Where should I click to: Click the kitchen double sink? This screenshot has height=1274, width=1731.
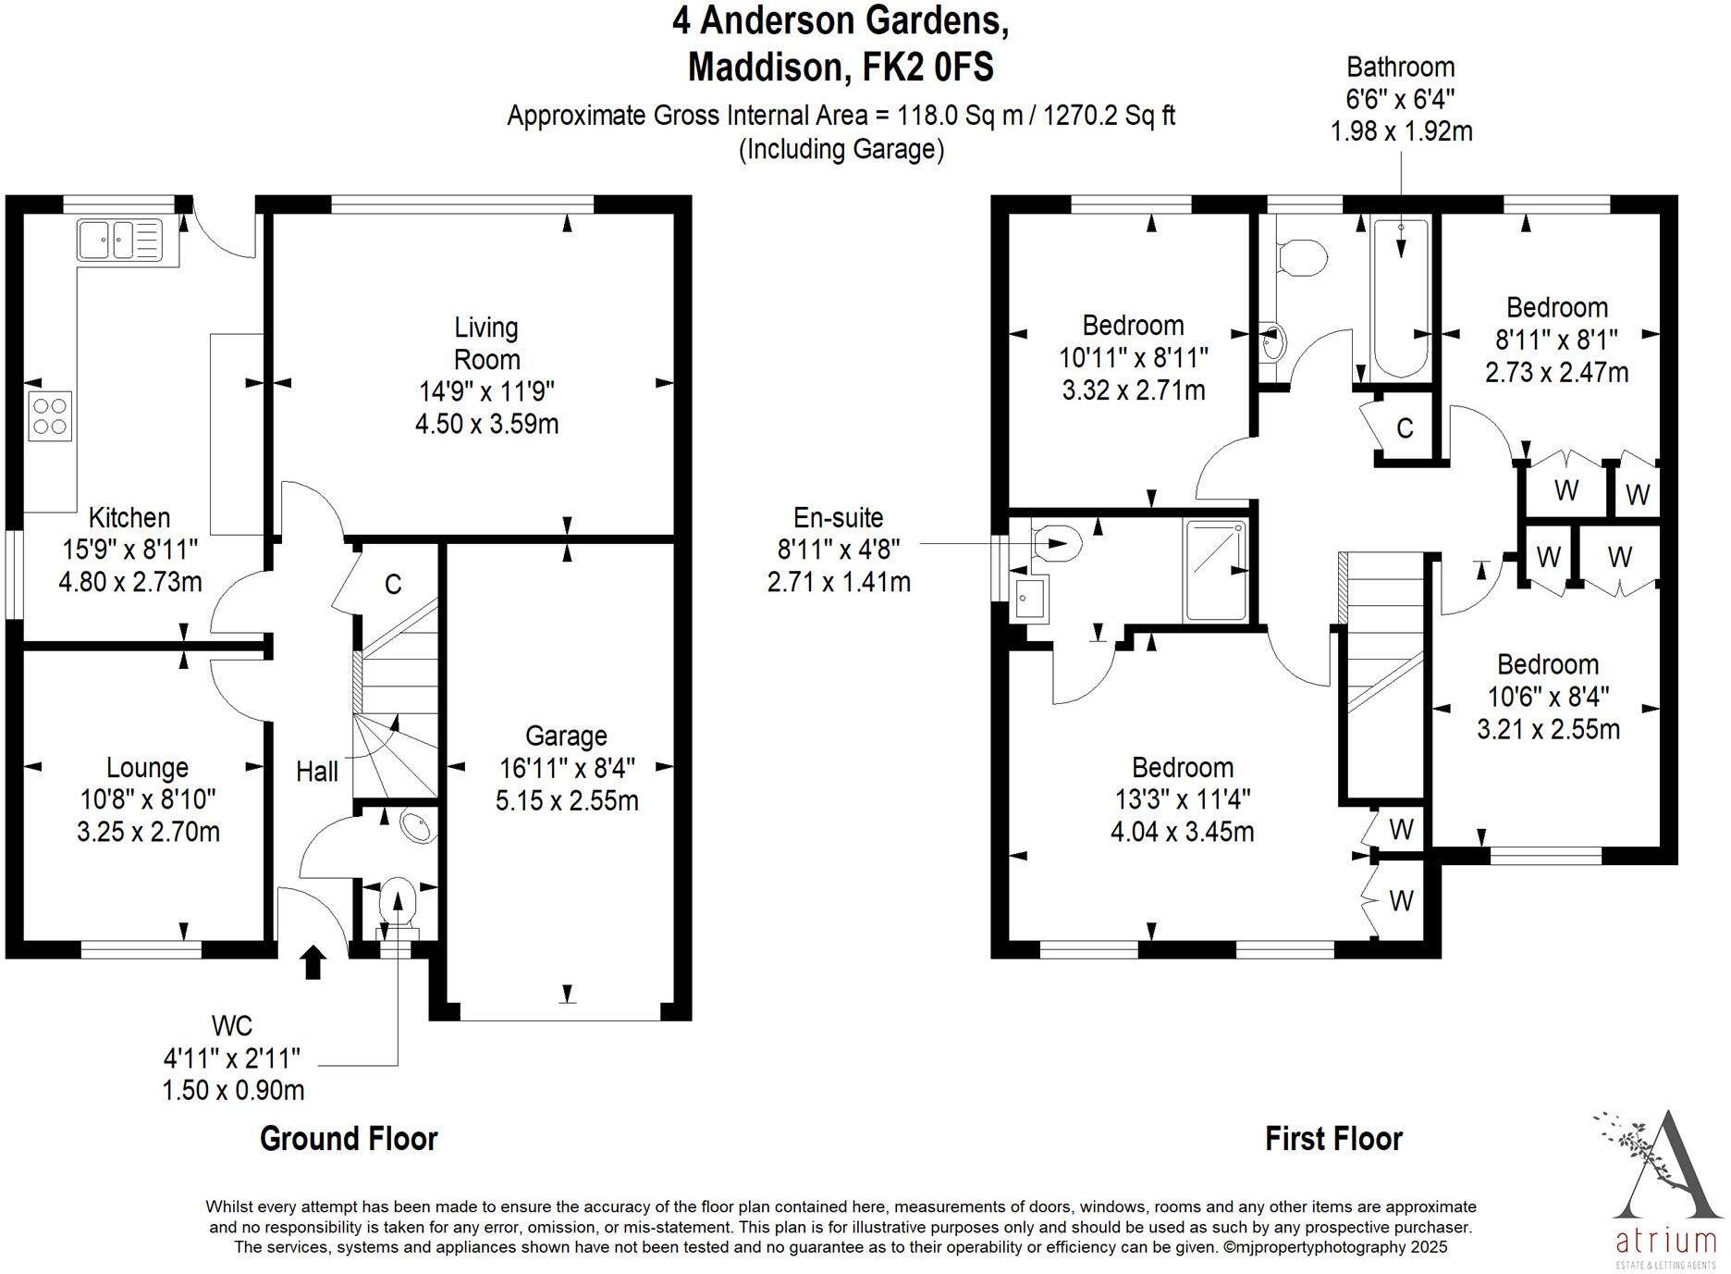[119, 240]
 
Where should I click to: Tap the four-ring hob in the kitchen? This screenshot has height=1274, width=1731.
[50, 415]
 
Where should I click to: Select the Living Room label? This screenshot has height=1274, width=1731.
[486, 343]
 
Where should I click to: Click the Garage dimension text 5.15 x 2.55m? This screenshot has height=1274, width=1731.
[567, 800]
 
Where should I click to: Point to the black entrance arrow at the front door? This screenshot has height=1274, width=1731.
[313, 961]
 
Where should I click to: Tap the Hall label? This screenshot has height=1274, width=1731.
[317, 771]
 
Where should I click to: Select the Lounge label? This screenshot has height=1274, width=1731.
[147, 767]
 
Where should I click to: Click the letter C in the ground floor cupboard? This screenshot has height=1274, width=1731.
[393, 585]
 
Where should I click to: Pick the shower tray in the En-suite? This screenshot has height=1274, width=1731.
[1215, 570]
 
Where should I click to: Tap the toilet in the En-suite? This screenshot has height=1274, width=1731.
[1056, 543]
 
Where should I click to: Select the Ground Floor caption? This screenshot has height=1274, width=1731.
[349, 1138]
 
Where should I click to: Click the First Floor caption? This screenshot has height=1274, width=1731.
[1333, 1138]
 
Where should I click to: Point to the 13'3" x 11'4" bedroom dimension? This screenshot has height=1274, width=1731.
[1183, 799]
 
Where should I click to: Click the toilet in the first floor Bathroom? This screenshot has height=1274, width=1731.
[1301, 258]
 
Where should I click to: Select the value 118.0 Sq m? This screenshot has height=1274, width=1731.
[951, 116]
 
